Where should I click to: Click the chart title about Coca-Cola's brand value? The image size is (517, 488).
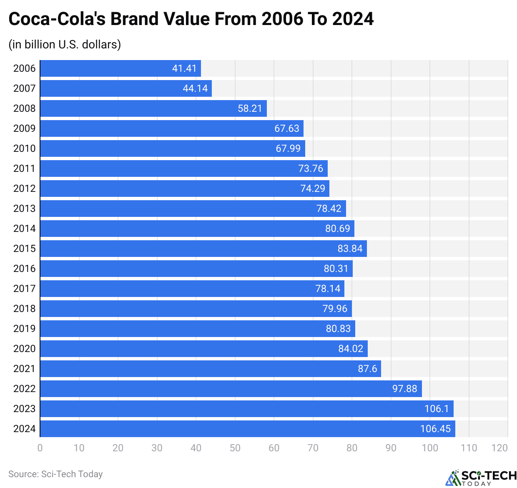(191, 19)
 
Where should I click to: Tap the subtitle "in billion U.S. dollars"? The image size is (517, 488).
(65, 44)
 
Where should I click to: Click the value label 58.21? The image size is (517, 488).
(250, 108)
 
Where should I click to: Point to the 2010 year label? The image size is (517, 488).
(24, 148)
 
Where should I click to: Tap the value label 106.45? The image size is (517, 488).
(435, 429)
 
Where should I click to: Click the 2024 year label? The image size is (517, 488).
(24, 429)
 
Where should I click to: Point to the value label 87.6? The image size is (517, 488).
(367, 369)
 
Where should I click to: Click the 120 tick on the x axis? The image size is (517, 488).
(499, 448)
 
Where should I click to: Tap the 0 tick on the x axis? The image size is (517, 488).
(40, 448)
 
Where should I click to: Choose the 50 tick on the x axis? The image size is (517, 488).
(235, 448)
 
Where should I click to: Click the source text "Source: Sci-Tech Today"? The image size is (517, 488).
(55, 474)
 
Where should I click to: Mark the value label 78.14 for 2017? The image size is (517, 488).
(328, 289)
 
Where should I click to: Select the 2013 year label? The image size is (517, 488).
(24, 209)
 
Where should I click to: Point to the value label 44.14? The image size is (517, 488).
(195, 88)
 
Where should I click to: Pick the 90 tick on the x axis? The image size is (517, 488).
(391, 448)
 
